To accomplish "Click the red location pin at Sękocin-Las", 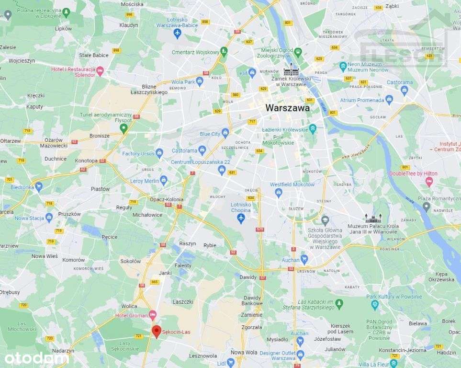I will tap(156, 331).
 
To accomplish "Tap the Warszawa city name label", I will tap(287, 108).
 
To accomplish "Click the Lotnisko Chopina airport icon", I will tap(241, 218).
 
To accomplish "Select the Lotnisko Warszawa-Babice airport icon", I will tap(178, 33).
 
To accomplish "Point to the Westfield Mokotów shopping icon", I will tap(278, 193).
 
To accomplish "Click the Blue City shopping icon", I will tap(225, 133).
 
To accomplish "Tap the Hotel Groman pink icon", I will tap(153, 315).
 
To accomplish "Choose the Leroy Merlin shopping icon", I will tap(164, 180).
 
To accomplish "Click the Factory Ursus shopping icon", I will tap(159, 153).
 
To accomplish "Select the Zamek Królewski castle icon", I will tap(291, 70).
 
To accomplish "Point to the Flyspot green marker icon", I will tap(124, 127).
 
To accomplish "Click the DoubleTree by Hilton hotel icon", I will tap(429, 181).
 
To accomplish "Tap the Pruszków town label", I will tap(69, 214).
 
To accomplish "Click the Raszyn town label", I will tap(188, 243).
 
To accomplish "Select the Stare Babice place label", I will tap(94, 55).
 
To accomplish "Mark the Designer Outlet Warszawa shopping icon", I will tap(300, 355).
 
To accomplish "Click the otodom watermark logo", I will tap(37, 357).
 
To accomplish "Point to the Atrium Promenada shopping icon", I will tap(389, 100).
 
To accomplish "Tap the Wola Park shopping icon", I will tap(200, 80).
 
